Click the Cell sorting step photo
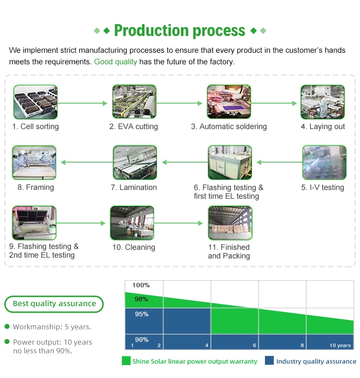point(36,102)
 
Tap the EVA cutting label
point(133,127)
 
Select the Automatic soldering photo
point(229,102)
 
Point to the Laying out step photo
point(323,102)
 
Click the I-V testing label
point(323,187)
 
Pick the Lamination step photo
point(135,163)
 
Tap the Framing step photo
point(34,163)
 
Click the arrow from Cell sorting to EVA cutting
point(83,104)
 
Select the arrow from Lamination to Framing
point(87,162)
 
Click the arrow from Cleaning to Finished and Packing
point(178,223)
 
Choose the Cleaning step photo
point(132,223)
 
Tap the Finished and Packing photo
point(230,223)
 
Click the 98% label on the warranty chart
point(142,299)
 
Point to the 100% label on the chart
point(141,285)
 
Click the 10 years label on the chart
point(340,345)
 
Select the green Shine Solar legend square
point(126,361)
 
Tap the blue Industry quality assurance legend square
point(269,360)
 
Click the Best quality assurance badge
point(54,304)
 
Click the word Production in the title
point(152,31)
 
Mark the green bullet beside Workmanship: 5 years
point(7,326)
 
